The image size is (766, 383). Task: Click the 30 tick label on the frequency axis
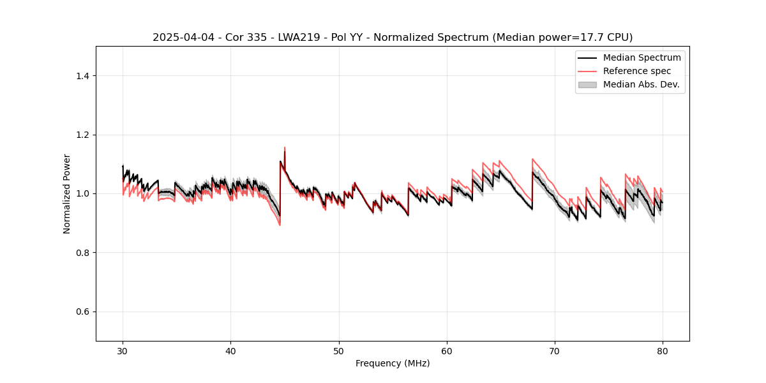point(123,350)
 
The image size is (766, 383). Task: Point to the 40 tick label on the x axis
point(230,350)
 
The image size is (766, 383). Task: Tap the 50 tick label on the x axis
point(339,350)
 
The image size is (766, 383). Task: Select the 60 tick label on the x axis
point(447,350)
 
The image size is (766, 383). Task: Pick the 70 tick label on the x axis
point(555,350)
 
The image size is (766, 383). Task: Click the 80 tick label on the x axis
point(663,350)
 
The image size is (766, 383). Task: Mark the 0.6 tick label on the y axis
point(82,312)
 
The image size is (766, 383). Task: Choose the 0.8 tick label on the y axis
point(82,253)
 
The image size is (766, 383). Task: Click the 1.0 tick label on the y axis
point(82,193)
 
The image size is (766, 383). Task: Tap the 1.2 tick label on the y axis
point(82,135)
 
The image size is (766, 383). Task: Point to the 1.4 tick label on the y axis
point(82,76)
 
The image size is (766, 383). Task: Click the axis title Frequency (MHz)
point(393,363)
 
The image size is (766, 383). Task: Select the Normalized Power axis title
point(67,193)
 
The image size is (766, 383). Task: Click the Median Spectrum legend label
point(642,57)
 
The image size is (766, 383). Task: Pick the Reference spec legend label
point(637,71)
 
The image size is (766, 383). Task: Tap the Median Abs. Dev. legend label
point(642,84)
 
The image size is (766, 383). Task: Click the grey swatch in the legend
point(587,84)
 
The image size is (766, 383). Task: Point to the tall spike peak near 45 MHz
point(285,147)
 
